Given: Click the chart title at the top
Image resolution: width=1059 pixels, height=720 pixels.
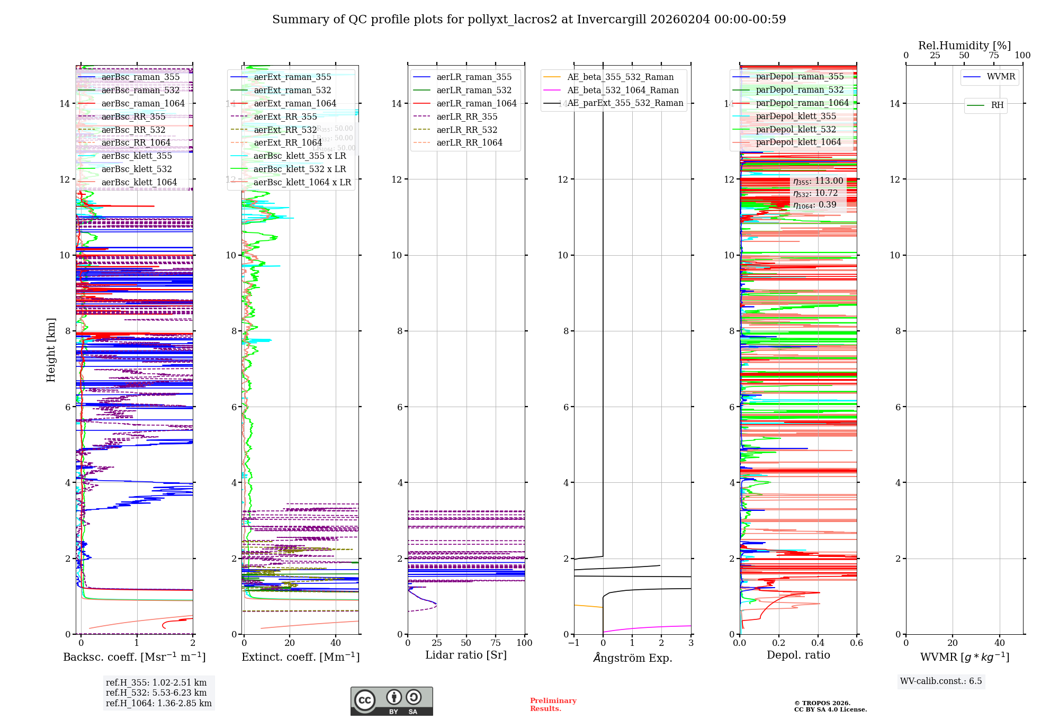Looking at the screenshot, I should (x=529, y=20).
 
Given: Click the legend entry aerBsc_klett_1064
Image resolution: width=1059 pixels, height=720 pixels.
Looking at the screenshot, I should (x=139, y=183).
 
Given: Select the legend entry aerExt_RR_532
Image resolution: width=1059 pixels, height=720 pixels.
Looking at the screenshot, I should (x=285, y=130).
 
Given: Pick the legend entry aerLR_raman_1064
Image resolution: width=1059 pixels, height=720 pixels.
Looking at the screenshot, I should (x=476, y=103).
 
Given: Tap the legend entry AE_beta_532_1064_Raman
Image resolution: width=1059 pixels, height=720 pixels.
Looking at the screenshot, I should (x=623, y=90).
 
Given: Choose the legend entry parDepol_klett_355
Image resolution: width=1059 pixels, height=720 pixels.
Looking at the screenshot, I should (x=796, y=116).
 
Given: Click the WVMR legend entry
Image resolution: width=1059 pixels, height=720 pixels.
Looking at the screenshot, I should (x=1001, y=77).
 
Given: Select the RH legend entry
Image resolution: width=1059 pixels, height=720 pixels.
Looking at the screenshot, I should (x=997, y=105).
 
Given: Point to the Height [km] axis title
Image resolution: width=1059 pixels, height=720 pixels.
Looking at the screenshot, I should (x=51, y=349).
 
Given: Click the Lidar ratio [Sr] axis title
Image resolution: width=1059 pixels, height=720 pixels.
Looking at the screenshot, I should (x=466, y=655).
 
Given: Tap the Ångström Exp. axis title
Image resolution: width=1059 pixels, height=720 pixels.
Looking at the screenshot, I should (x=632, y=658).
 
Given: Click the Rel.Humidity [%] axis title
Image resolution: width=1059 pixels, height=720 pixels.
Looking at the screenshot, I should (x=964, y=46).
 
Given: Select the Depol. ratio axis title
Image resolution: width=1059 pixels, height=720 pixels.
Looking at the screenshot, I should (x=798, y=655).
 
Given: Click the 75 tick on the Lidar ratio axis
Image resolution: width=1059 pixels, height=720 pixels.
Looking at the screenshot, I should (x=496, y=643).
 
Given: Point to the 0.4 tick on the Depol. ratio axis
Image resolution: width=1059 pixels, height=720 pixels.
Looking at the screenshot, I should (x=818, y=643).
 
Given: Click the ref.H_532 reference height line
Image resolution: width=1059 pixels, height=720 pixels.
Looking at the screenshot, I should (x=156, y=692).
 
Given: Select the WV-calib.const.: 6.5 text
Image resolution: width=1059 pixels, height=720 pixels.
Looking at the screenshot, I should (x=941, y=681).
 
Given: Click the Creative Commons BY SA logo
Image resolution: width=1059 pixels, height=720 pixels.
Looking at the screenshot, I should (x=391, y=701).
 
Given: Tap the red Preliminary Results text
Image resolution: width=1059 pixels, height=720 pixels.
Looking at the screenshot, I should (x=553, y=704).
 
